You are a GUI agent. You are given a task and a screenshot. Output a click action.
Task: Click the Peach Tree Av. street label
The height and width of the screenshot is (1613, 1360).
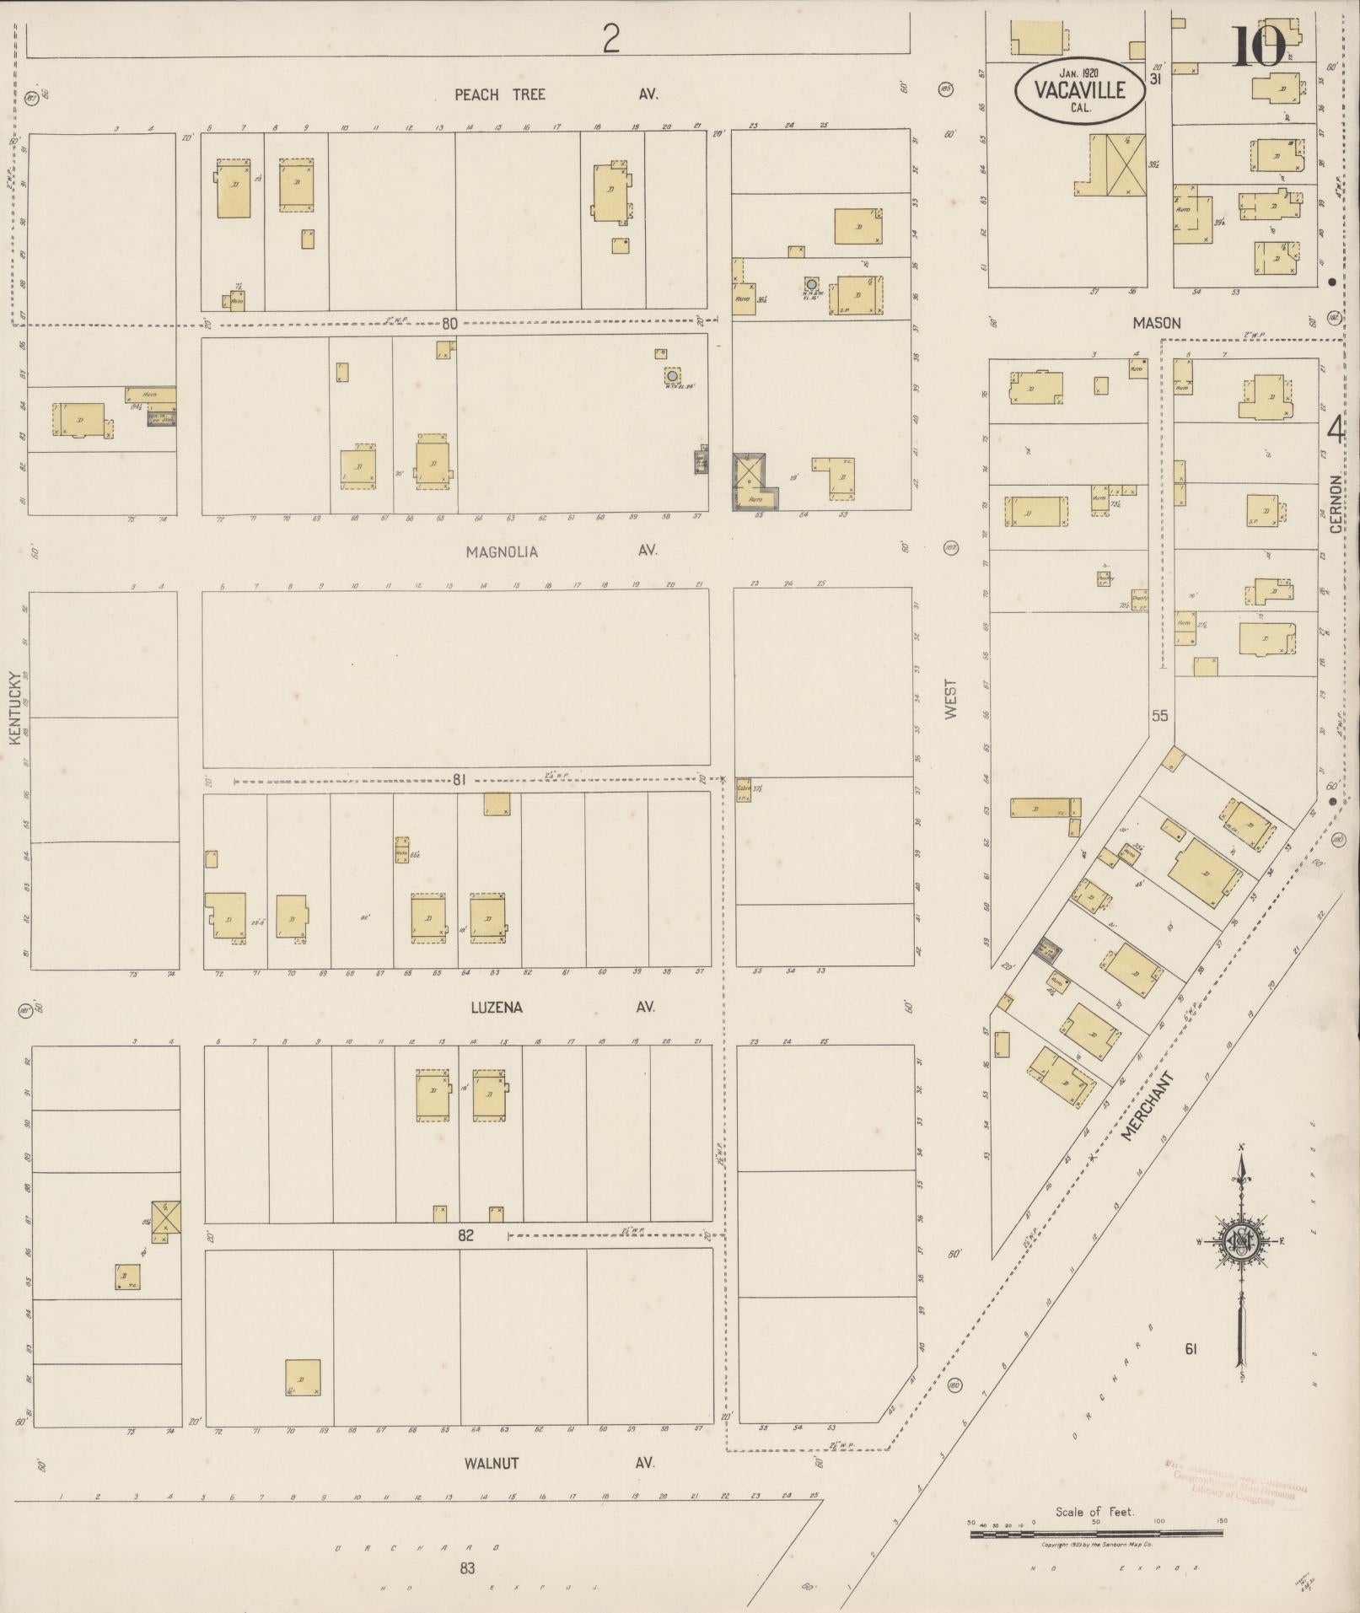[x=555, y=94]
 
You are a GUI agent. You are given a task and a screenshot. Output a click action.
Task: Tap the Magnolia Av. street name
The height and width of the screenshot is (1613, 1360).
[x=561, y=551]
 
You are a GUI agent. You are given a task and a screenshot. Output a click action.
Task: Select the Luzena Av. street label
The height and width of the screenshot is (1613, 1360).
[x=562, y=1007]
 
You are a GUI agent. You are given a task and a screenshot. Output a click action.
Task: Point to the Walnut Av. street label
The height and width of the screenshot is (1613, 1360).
[x=559, y=1463]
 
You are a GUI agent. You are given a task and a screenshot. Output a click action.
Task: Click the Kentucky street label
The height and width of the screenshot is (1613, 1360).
[x=14, y=707]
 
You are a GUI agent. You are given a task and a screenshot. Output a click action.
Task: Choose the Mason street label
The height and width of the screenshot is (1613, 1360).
[x=1156, y=322]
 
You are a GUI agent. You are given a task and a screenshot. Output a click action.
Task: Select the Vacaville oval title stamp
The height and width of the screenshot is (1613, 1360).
[x=1080, y=89]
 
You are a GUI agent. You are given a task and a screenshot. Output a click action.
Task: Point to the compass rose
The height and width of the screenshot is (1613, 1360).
[x=1242, y=1240]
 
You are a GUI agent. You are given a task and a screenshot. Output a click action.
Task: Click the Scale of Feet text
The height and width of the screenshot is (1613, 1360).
[x=1094, y=1512]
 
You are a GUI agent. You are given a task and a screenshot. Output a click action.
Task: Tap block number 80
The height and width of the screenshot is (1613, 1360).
[x=449, y=323]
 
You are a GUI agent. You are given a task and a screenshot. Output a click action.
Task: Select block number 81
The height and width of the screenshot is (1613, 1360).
[x=459, y=780]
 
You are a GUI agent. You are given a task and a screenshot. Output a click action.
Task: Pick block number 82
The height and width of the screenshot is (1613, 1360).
[x=465, y=1235]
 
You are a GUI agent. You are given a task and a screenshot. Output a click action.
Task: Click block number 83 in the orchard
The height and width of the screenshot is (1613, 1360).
[x=467, y=1567]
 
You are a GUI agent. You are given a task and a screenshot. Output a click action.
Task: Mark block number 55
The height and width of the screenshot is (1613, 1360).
[x=1160, y=716]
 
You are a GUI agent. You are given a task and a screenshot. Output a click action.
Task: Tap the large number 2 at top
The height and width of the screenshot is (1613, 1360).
[x=610, y=38]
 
